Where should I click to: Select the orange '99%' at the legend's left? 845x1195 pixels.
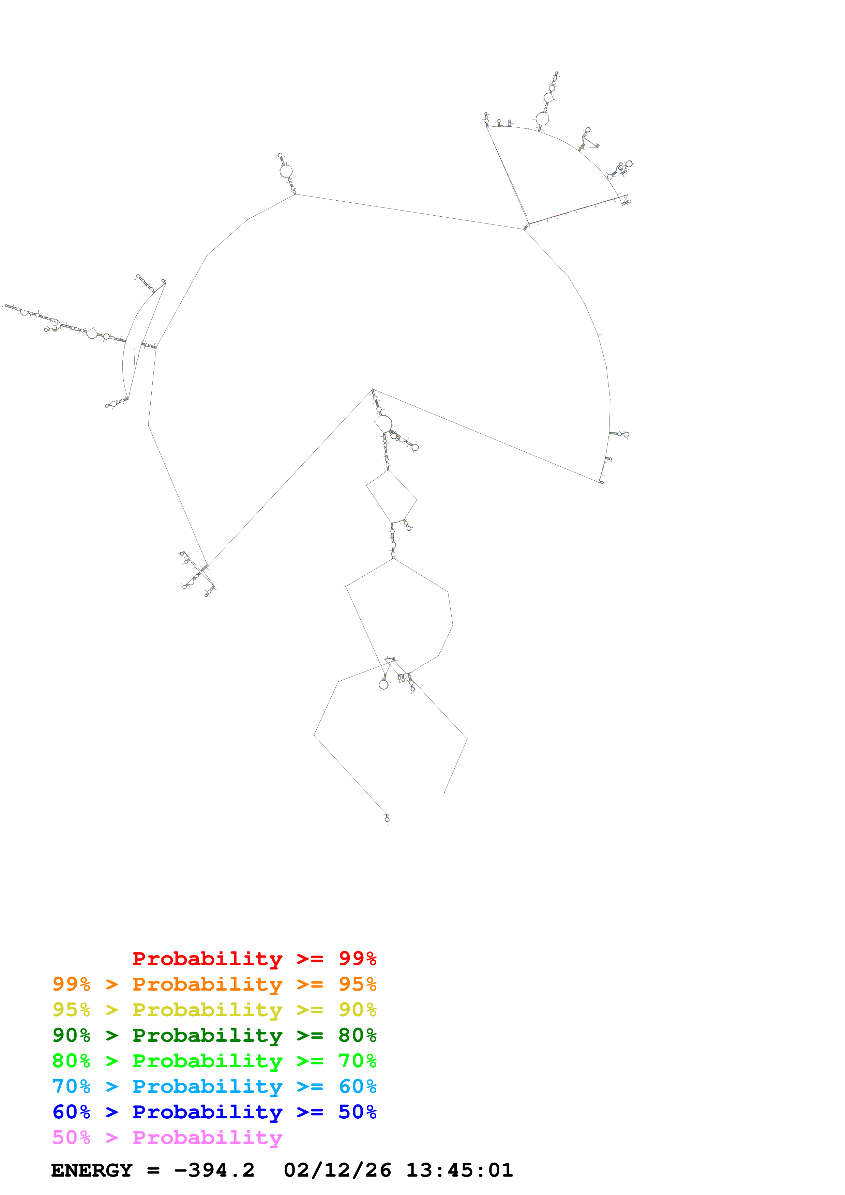click(x=71, y=984)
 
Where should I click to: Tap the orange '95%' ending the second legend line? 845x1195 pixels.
click(x=357, y=984)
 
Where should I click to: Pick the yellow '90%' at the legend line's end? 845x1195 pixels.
click(x=357, y=1010)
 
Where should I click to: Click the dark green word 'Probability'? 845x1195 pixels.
click(x=207, y=1035)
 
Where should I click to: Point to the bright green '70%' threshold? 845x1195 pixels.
click(x=357, y=1061)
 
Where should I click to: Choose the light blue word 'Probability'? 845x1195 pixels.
click(x=207, y=1086)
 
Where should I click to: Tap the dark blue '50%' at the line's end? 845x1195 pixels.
click(x=357, y=1112)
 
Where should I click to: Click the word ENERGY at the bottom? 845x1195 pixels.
click(x=92, y=1170)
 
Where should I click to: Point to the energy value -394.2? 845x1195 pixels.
click(x=214, y=1170)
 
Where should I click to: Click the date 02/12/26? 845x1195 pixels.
click(x=337, y=1170)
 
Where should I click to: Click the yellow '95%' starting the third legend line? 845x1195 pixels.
click(x=71, y=1010)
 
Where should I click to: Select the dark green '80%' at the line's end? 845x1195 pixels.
click(x=357, y=1035)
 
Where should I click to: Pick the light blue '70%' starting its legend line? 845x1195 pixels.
click(x=71, y=1086)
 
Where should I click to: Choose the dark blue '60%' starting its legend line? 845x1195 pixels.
click(x=71, y=1112)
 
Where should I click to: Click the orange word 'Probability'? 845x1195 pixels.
click(x=207, y=984)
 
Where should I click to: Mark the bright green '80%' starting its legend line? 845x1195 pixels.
click(x=71, y=1061)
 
